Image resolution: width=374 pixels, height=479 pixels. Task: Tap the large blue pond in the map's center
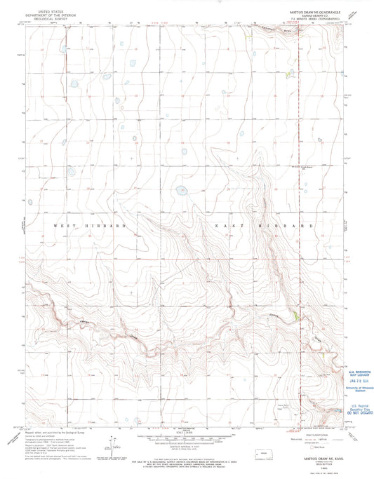pyautogui.click(x=182, y=189)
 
